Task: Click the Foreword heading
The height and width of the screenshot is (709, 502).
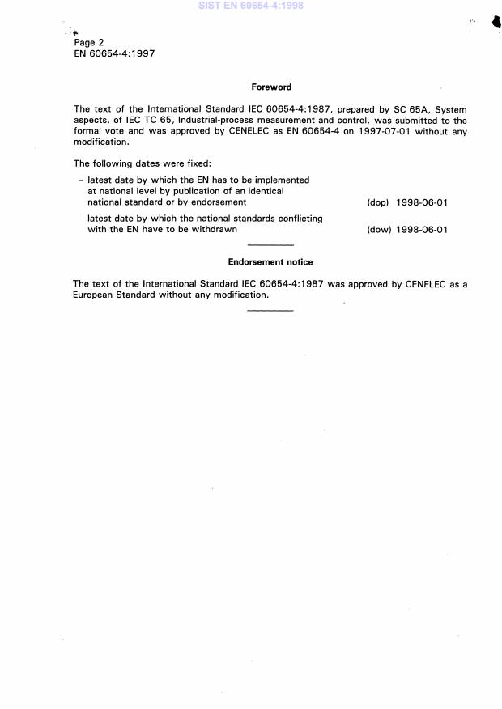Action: (x=271, y=87)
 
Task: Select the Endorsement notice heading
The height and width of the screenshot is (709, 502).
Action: (x=270, y=262)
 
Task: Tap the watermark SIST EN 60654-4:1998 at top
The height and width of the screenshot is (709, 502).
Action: (x=252, y=6)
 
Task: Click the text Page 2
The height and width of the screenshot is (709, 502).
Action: (x=88, y=42)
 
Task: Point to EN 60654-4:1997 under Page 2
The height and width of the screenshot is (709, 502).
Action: (x=114, y=53)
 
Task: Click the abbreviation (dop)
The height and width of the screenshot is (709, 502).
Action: (x=378, y=202)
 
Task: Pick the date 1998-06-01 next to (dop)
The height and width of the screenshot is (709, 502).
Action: (x=422, y=202)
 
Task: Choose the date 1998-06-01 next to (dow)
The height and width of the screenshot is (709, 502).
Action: (x=422, y=230)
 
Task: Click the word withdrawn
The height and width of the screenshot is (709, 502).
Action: (x=215, y=230)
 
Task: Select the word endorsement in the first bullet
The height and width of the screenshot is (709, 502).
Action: (x=219, y=202)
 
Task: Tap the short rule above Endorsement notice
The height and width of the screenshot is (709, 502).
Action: (x=270, y=245)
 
